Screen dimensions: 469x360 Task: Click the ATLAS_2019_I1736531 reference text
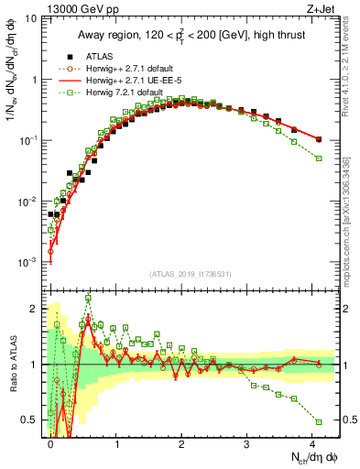click(x=191, y=274)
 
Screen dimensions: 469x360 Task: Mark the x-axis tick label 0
click(x=51, y=443)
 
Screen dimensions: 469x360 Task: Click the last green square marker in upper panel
click(x=319, y=158)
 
